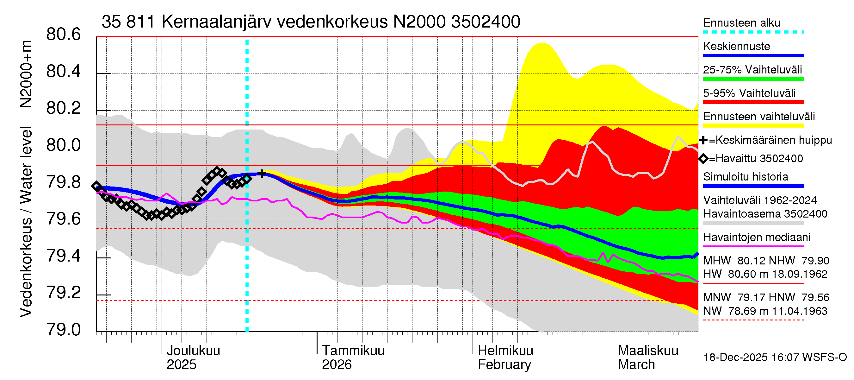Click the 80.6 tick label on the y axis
[x=63, y=35]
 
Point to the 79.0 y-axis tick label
[x=63, y=330]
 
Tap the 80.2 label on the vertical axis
[x=63, y=108]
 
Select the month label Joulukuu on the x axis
[x=193, y=351]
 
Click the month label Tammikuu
[x=353, y=351]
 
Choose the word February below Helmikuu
[x=504, y=364]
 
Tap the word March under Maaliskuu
[x=636, y=364]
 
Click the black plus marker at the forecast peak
[x=262, y=173]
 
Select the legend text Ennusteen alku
[x=742, y=23]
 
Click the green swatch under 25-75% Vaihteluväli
[x=753, y=79]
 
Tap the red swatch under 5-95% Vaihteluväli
[x=753, y=102]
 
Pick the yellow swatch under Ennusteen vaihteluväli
[x=753, y=126]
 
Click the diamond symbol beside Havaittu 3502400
[x=703, y=159]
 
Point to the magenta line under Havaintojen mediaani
[x=753, y=246]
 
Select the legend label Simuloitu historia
[x=746, y=177]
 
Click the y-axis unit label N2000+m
[x=26, y=74]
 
